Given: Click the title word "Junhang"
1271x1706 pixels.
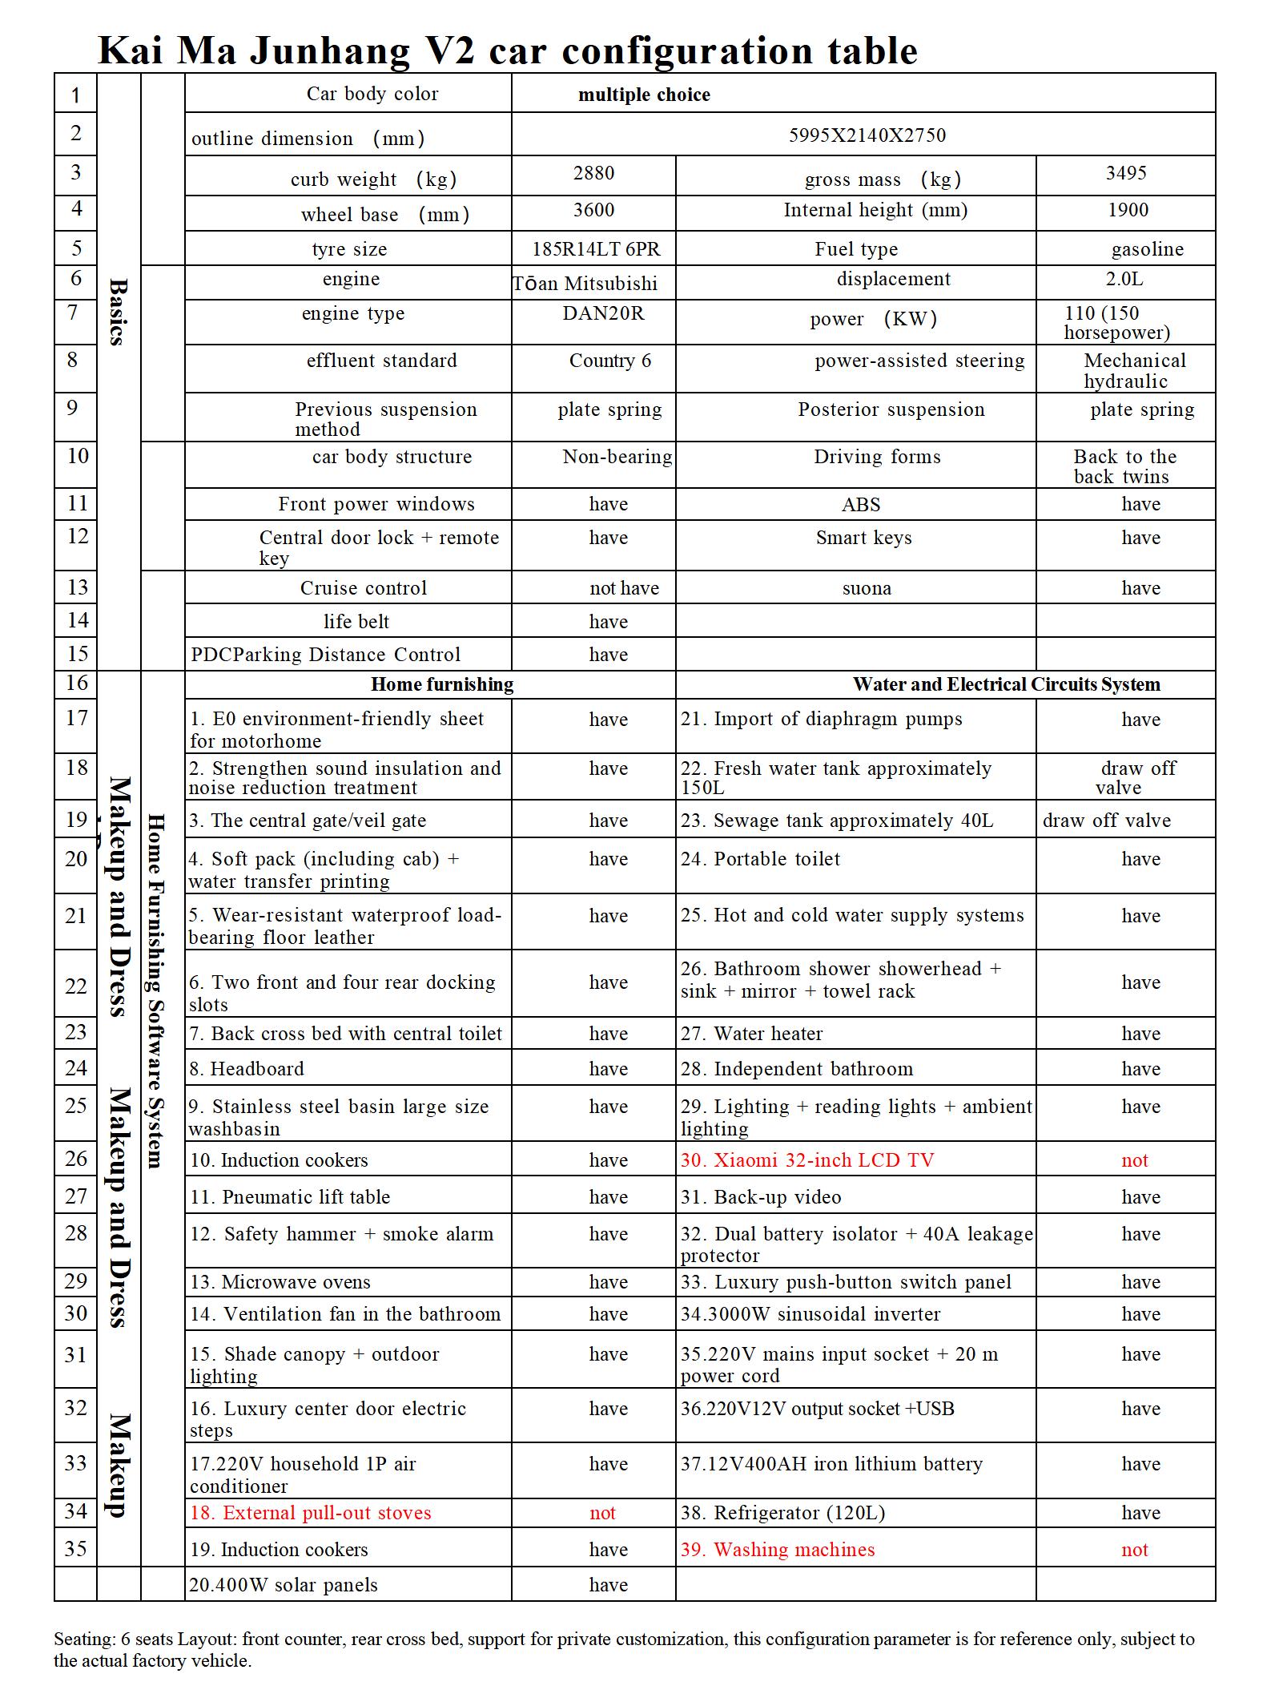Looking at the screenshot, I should coord(330,51).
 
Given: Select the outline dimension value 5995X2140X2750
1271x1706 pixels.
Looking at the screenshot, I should coord(867,135).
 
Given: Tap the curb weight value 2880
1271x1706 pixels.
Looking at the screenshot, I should coord(593,173).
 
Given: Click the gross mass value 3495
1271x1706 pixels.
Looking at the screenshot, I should coord(1125,173).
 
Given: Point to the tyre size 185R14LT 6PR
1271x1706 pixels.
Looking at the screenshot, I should coord(596,249).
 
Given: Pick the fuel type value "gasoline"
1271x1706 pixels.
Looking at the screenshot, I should coord(1147,249).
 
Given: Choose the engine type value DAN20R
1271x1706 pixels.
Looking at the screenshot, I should coord(603,313).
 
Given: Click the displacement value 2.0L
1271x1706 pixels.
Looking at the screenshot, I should coord(1124,279).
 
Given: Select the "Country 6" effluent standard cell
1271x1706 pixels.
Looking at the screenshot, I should coord(610,361).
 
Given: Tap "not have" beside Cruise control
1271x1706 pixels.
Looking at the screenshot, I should coord(624,588).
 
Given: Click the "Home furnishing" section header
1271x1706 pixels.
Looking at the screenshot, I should coord(442,684).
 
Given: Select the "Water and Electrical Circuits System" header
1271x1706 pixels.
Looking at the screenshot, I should coord(1006,684).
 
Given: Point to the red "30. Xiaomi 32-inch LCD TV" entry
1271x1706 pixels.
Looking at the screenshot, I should coord(807,1160).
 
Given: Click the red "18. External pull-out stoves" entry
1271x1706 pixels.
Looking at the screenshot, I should coord(310,1513).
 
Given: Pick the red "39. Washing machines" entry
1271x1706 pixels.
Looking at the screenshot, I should coord(778,1550).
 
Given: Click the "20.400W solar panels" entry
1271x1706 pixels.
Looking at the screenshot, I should coord(283,1585).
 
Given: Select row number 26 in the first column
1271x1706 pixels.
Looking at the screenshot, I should coord(76,1159).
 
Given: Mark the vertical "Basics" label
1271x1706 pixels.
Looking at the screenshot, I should coord(118,312).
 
